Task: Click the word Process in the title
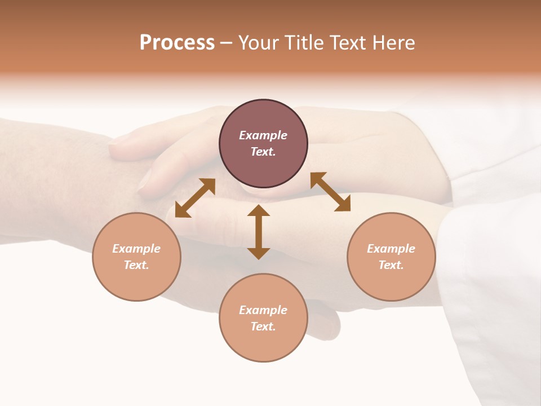(177, 43)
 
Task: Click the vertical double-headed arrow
(259, 232)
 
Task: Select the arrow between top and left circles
(195, 198)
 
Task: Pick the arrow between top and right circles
(330, 192)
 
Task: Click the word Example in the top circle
(263, 135)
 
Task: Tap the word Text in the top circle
(263, 152)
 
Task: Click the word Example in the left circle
(136, 249)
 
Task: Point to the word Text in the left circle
(136, 265)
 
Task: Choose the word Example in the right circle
(391, 249)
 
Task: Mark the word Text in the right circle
(391, 265)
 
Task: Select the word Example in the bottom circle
(263, 310)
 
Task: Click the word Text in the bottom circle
(263, 326)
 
